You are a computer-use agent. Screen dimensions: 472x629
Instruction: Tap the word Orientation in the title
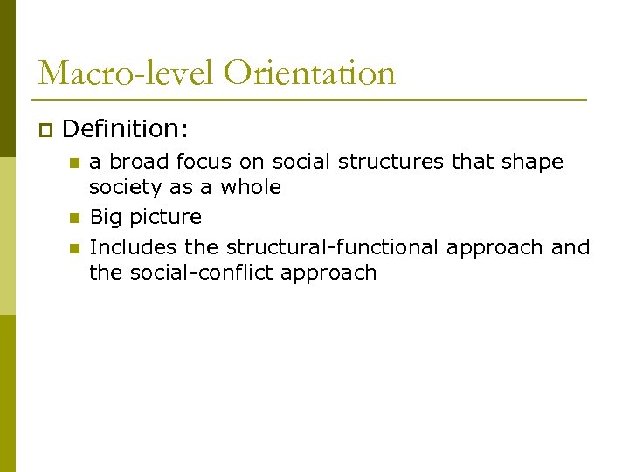tap(309, 73)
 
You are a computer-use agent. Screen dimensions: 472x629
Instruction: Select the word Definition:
tap(125, 129)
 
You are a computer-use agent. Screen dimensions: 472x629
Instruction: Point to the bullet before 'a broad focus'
tap(74, 163)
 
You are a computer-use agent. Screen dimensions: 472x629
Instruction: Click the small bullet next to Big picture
tap(74, 218)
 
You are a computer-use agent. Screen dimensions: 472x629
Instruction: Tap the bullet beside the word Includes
tap(74, 248)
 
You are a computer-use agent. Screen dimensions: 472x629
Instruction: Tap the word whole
tap(251, 187)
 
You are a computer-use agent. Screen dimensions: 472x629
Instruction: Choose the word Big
tap(106, 218)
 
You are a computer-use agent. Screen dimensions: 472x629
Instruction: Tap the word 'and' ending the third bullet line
tap(570, 247)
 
